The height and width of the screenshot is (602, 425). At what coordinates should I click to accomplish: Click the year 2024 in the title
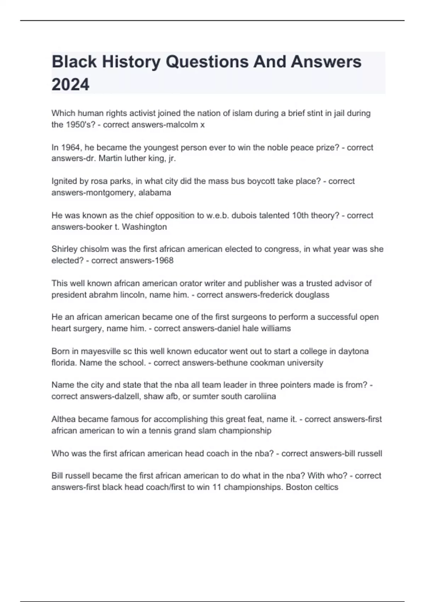tap(70, 84)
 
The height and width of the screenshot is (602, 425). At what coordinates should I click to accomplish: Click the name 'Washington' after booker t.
tap(144, 227)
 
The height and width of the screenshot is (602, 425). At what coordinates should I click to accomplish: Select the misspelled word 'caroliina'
tap(260, 396)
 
